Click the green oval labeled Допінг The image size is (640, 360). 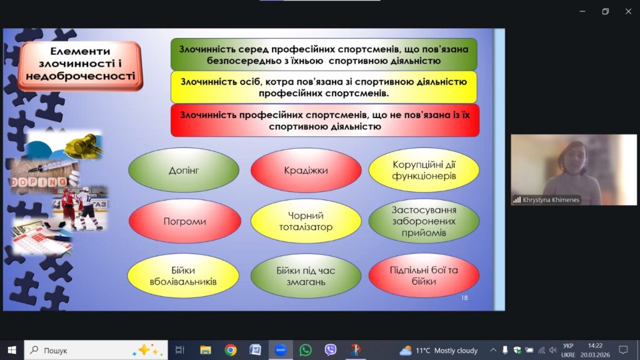click(x=184, y=170)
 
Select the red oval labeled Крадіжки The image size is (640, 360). click(x=306, y=170)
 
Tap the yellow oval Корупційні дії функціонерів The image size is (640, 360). click(x=424, y=170)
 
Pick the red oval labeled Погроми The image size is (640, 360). click(x=184, y=221)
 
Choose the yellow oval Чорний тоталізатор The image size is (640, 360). click(x=306, y=221)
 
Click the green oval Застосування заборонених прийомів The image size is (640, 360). click(x=424, y=221)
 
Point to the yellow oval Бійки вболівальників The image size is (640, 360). click(x=183, y=276)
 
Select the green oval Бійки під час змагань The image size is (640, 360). click(x=306, y=276)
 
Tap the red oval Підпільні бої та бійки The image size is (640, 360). click(x=424, y=276)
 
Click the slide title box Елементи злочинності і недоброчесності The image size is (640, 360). click(x=80, y=65)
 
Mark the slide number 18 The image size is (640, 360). click(x=464, y=298)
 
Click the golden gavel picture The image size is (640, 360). click(x=83, y=144)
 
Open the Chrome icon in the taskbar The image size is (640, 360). click(x=231, y=350)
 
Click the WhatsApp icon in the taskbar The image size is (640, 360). click(x=305, y=350)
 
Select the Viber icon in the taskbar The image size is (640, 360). click(x=330, y=350)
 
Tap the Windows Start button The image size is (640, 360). click(x=12, y=350)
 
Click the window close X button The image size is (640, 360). click(x=628, y=11)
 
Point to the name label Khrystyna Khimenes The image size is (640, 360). click(x=551, y=200)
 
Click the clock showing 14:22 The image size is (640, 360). click(x=595, y=346)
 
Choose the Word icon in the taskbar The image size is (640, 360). click(x=256, y=350)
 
